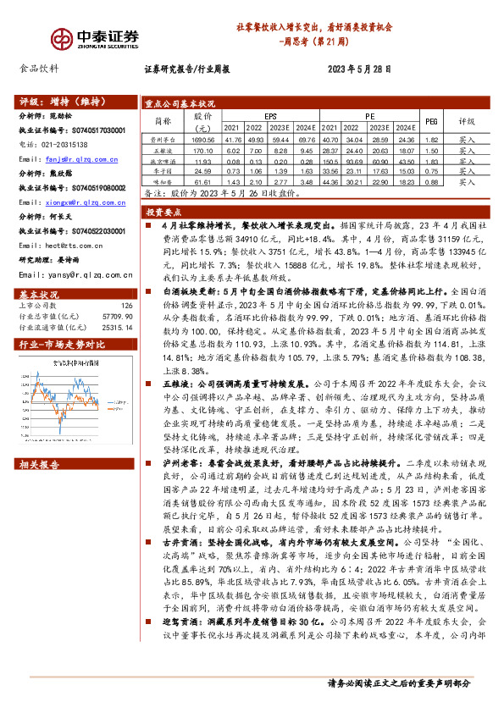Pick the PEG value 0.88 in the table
click(430, 181)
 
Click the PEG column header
click(430, 121)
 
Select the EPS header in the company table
click(270, 115)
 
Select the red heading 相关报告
click(41, 465)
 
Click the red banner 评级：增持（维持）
click(56, 100)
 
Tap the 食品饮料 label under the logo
click(39, 70)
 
